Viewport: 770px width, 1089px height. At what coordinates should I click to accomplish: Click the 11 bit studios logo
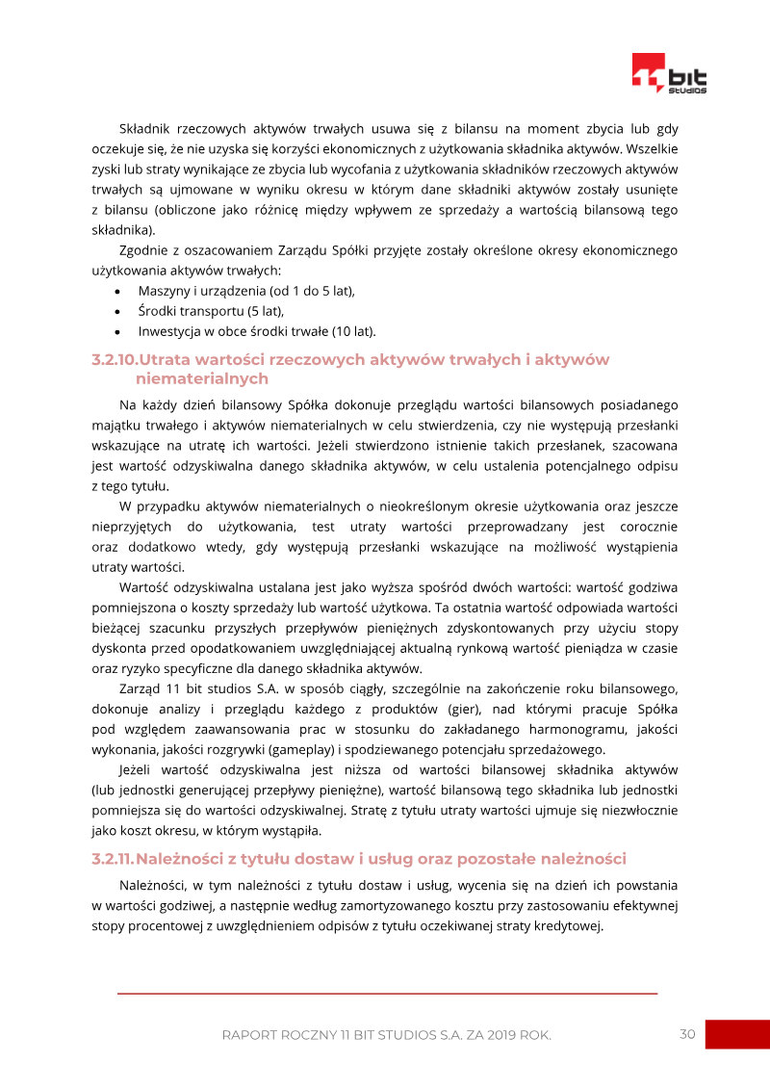pos(669,73)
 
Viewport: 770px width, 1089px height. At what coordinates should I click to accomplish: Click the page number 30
pos(687,1034)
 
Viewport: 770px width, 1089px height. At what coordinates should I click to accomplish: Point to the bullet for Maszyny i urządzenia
pos(116,291)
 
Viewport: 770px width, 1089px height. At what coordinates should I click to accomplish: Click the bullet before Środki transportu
pos(116,312)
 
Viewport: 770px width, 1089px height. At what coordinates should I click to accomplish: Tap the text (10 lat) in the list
pos(352,332)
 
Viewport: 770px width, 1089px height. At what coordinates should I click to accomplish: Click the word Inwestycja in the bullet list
pos(168,332)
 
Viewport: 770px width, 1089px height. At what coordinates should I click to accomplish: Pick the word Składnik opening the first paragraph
pos(148,128)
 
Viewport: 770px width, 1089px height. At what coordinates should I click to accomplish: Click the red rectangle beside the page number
pos(737,1034)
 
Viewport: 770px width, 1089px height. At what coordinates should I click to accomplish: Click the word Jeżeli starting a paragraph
pos(141,769)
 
